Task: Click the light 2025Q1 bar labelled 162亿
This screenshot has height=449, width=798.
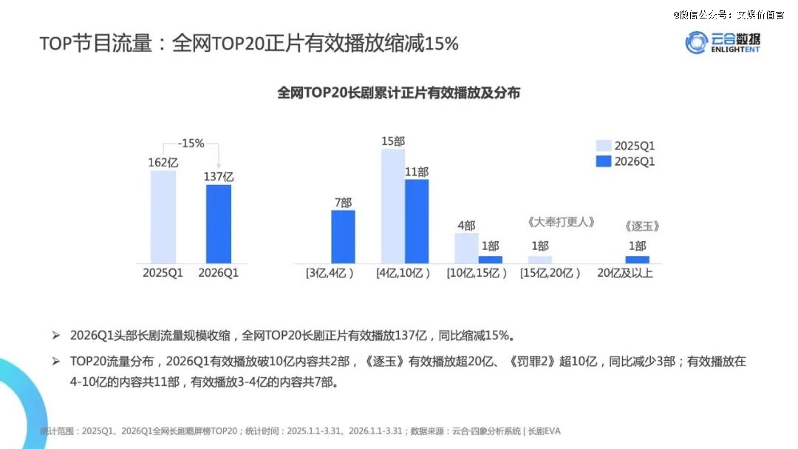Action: (163, 217)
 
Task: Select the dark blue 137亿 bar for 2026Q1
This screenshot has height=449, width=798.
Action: (219, 223)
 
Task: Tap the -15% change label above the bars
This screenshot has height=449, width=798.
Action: (191, 144)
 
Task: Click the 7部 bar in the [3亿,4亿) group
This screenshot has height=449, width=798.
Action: (343, 237)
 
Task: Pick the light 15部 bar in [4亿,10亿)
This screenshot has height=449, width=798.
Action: (393, 206)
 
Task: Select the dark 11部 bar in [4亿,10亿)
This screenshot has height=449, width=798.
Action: (417, 221)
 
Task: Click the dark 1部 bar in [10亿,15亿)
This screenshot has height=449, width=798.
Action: (490, 259)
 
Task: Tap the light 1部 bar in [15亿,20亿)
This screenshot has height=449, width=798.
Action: (539, 259)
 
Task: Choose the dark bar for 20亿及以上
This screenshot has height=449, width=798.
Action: (637, 259)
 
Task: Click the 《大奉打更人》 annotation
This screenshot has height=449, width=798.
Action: (561, 222)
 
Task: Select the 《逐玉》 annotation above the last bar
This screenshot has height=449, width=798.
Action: (641, 226)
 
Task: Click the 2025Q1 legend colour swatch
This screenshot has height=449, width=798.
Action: (604, 146)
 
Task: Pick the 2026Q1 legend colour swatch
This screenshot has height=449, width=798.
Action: (604, 161)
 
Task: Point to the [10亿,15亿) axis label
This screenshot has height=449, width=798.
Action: (477, 273)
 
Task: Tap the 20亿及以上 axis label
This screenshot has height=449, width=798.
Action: (625, 273)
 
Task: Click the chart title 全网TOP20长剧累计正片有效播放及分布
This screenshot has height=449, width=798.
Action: (399, 93)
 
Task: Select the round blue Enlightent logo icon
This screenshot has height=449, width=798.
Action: (696, 43)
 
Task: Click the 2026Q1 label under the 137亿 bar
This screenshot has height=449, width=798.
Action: (219, 273)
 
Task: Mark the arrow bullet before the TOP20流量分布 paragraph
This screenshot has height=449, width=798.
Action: (55, 362)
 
